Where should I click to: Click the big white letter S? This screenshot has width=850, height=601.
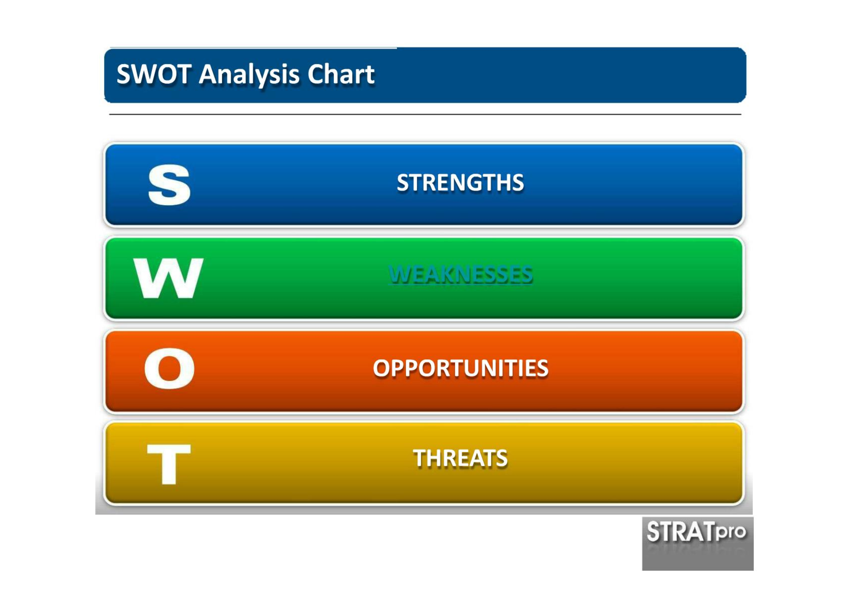(x=169, y=185)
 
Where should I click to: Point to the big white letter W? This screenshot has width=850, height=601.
(x=168, y=278)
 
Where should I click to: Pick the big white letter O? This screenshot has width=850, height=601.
(x=169, y=368)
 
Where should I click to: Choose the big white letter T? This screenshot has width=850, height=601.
(x=169, y=464)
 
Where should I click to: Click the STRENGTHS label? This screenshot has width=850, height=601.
(x=460, y=182)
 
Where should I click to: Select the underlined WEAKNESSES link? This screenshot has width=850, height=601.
(x=460, y=274)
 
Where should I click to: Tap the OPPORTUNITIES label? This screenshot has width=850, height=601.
(x=460, y=368)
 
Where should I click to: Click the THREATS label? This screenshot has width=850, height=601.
(x=460, y=458)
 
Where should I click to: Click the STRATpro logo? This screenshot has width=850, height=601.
(x=698, y=543)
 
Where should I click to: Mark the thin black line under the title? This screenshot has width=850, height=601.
(x=425, y=114)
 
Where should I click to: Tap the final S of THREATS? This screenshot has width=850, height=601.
(x=502, y=458)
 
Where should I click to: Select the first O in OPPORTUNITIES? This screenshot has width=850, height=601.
(x=381, y=368)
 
